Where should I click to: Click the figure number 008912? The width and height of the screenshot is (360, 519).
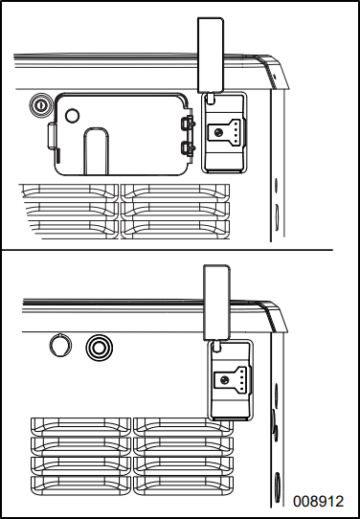[x=318, y=501]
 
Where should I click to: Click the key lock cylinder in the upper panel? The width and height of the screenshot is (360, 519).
[x=40, y=105]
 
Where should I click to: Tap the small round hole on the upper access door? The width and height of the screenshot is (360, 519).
[x=72, y=116]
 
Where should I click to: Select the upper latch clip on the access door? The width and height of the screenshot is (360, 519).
[x=188, y=124]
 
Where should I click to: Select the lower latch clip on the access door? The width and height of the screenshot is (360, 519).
[x=188, y=148]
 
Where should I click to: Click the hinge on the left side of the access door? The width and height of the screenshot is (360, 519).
[x=52, y=136]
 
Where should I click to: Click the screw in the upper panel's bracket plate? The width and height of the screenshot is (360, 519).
[x=217, y=132]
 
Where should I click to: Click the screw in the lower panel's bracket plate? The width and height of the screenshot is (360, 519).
[x=224, y=379]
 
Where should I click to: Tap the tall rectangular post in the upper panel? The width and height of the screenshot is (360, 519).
[x=211, y=55]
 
